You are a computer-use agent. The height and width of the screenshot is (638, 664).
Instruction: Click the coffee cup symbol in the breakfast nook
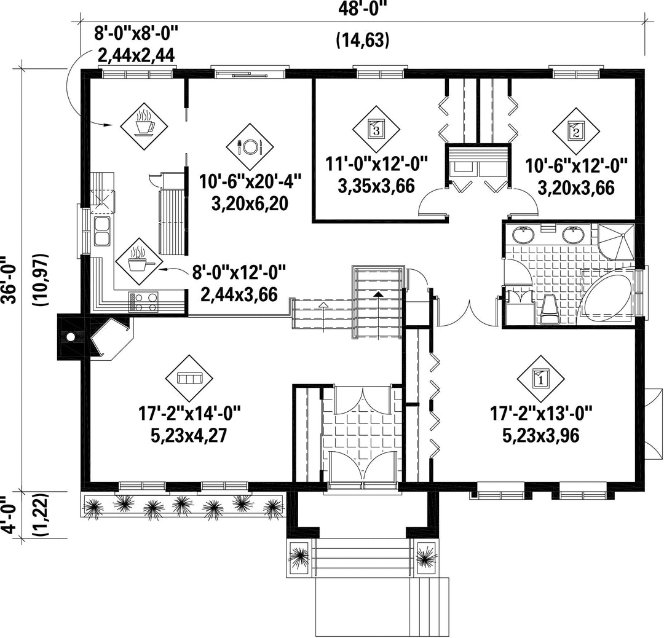pyautogui.click(x=144, y=126)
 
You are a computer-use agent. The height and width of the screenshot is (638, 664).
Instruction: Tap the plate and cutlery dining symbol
pyautogui.click(x=250, y=146)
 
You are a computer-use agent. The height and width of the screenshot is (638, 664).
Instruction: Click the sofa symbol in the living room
pyautogui.click(x=189, y=377)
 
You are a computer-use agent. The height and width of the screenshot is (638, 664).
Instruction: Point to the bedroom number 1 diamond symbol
pyautogui.click(x=541, y=379)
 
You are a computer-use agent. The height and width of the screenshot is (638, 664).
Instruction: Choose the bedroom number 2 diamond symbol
pyautogui.click(x=576, y=131)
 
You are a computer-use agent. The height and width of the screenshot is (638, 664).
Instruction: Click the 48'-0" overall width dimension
pyautogui.click(x=363, y=9)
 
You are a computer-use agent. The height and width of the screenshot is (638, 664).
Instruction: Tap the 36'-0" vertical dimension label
pyautogui.click(x=9, y=280)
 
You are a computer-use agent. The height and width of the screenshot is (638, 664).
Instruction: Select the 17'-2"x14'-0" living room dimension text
pyautogui.click(x=190, y=413)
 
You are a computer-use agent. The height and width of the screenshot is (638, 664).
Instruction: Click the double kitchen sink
pyautogui.click(x=101, y=232)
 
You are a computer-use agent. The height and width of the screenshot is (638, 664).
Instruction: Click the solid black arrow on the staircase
pyautogui.click(x=379, y=293)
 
